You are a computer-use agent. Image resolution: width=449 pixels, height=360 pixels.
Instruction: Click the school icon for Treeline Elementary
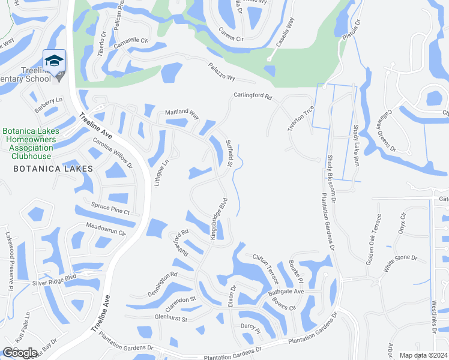click(x=54, y=61)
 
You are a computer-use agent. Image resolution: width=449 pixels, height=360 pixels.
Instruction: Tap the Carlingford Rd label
click(x=253, y=96)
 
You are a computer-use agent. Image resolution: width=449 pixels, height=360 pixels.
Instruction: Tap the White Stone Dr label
click(x=400, y=259)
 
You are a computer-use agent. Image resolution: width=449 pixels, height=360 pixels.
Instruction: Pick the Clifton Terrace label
click(x=266, y=268)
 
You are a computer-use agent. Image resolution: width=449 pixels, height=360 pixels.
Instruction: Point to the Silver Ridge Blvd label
click(x=55, y=279)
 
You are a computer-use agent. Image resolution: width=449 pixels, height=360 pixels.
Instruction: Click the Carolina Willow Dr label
click(x=112, y=153)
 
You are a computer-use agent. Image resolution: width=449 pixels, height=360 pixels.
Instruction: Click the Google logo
click(x=20, y=353)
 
